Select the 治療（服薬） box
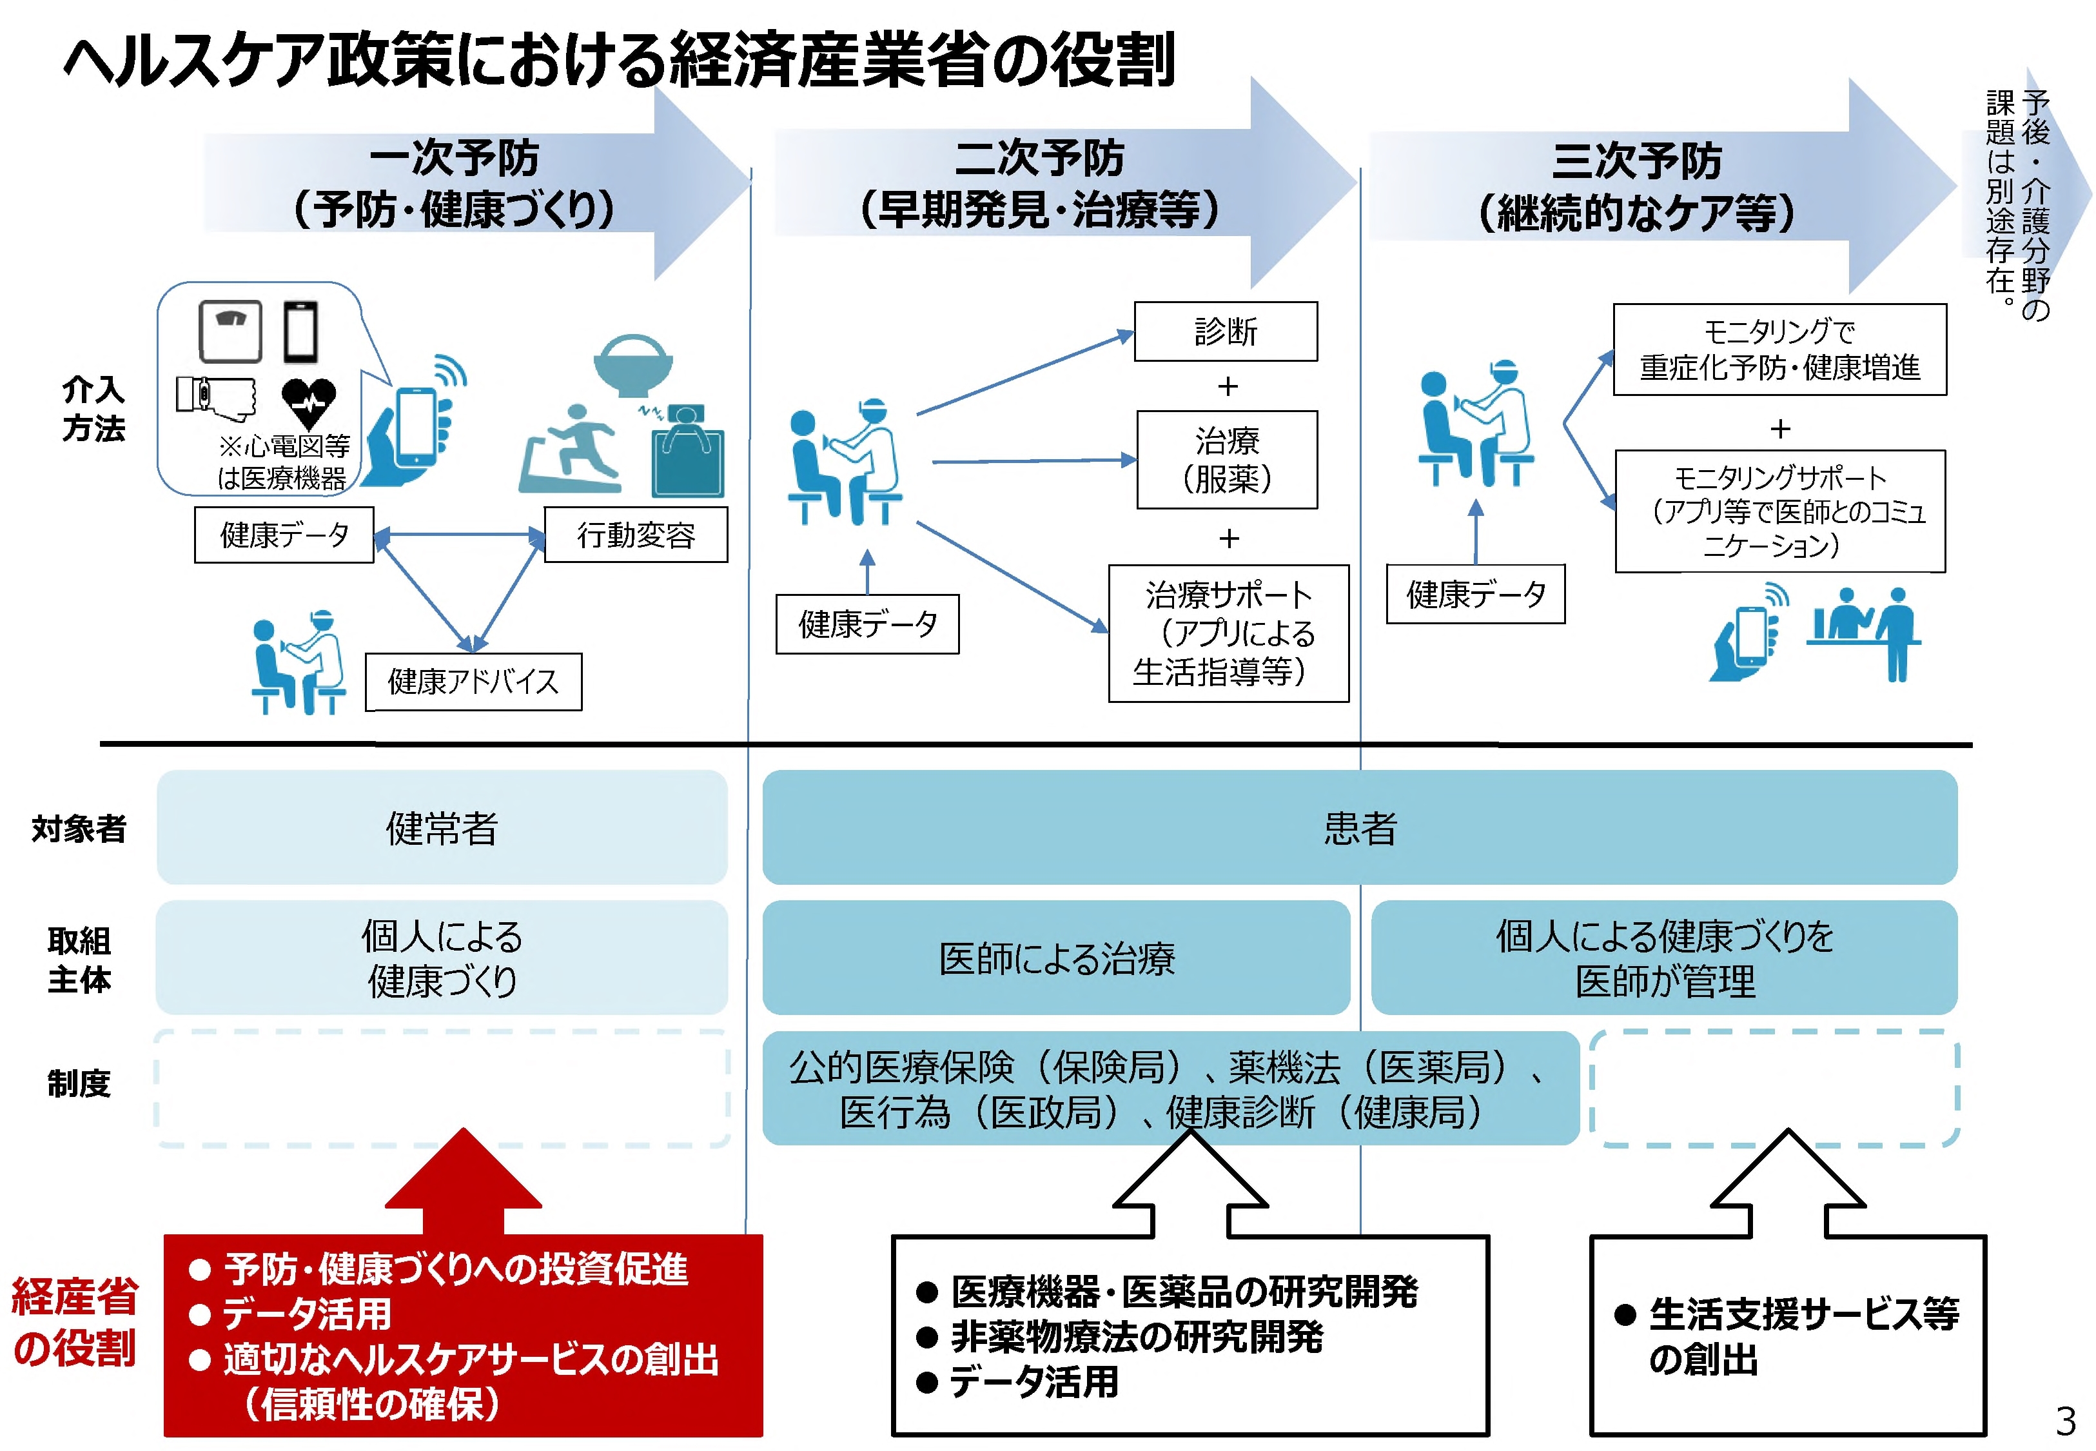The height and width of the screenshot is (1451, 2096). [x=1226, y=460]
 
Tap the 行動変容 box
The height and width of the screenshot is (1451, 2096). [x=635, y=535]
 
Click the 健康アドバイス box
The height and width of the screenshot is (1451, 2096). [x=473, y=682]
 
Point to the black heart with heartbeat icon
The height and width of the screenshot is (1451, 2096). [x=308, y=402]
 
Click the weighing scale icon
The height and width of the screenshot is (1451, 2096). [x=231, y=331]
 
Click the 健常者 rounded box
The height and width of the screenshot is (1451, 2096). [x=442, y=827]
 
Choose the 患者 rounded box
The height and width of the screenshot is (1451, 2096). [x=1359, y=827]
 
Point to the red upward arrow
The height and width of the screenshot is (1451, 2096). [x=464, y=1182]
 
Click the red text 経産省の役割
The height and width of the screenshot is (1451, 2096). [x=75, y=1322]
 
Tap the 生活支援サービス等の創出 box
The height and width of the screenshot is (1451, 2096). [x=1787, y=1336]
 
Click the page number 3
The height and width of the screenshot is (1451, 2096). [x=2065, y=1420]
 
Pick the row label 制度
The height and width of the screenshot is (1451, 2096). [x=79, y=1083]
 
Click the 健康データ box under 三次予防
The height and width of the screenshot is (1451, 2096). [x=1475, y=595]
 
